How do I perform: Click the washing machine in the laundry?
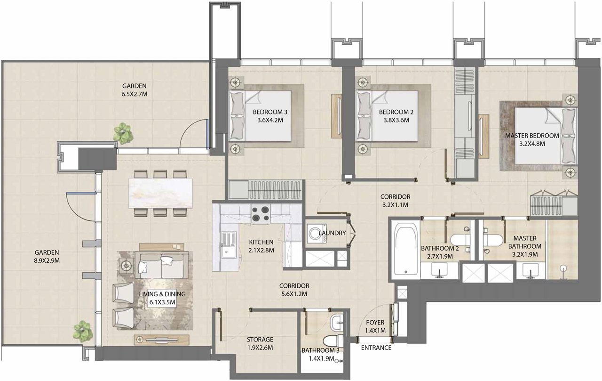point(317,233)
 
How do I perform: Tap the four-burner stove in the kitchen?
point(261,214)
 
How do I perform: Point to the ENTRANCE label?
point(376,348)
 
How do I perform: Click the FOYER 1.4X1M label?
point(375,326)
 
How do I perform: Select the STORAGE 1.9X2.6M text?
point(260,344)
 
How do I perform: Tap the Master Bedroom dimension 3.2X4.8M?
point(532,144)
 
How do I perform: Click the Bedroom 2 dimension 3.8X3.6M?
point(396,120)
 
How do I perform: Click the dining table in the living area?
point(160,193)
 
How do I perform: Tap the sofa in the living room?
point(162,265)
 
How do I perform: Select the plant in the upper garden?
point(123,133)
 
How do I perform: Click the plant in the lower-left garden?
point(83,331)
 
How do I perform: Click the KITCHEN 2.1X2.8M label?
point(261,246)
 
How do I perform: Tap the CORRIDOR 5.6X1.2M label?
point(294,290)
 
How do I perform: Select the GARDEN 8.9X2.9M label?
point(47,256)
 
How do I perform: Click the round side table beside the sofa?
point(126,266)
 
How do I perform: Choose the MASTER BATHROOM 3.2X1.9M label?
point(525,246)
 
